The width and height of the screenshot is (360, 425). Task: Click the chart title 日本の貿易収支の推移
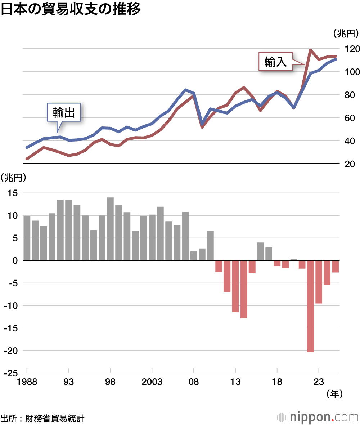coord(71,10)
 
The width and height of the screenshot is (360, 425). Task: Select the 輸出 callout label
coord(64,113)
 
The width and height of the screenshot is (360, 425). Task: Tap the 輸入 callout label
coord(275,62)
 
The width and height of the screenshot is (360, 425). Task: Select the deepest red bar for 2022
coord(310,306)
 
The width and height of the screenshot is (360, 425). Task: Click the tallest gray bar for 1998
coord(110,229)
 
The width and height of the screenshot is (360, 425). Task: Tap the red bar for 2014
coord(244,289)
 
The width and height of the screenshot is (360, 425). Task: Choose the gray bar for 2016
coord(260,251)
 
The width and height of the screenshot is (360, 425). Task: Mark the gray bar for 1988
coord(27,238)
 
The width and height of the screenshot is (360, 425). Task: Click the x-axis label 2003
coord(152,382)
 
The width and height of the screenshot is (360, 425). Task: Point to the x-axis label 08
coord(194,382)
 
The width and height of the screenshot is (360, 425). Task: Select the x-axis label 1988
coord(27,382)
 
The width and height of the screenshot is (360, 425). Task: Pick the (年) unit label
coord(334,394)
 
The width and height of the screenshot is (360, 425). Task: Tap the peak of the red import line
coord(310,50)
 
